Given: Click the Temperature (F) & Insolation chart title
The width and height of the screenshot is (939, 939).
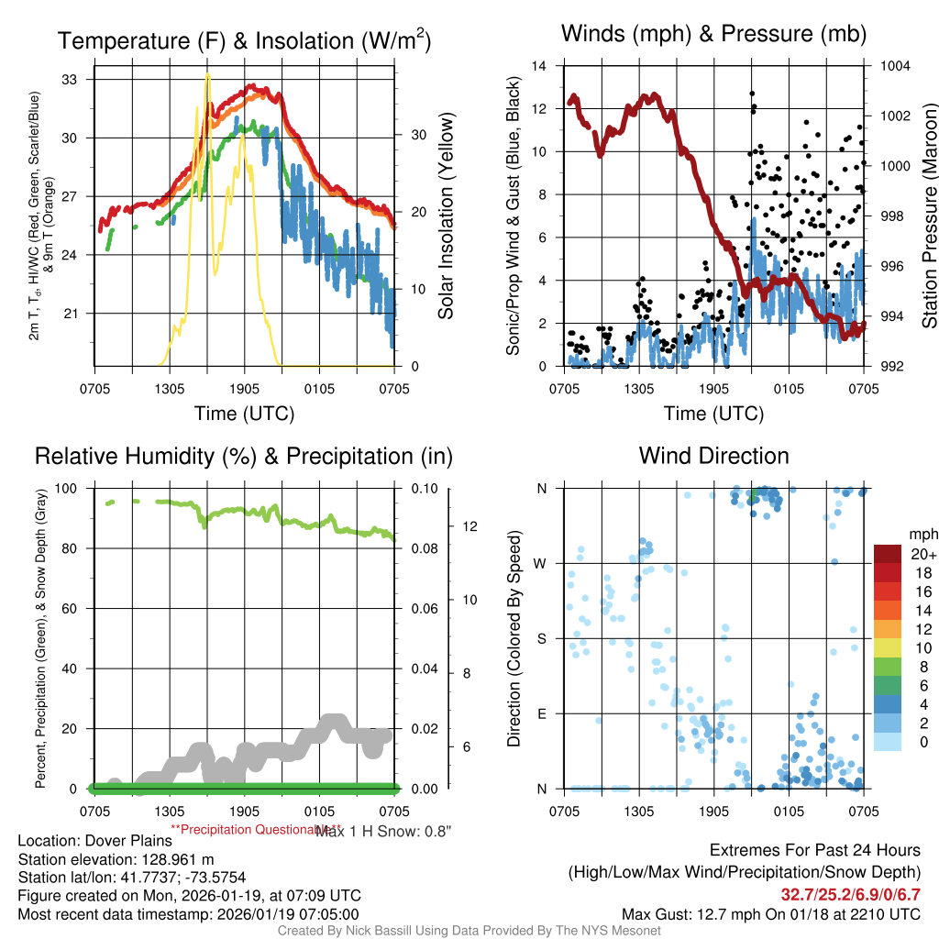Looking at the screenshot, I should pos(244,41).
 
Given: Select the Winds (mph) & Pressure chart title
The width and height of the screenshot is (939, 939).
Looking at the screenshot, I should pos(714,35).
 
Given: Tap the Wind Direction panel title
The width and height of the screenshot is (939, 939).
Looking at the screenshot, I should pos(713,456).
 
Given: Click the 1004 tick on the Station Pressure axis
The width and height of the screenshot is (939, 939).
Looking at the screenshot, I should pos(894,66).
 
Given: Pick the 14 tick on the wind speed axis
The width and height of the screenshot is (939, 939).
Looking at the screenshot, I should pos(539,66).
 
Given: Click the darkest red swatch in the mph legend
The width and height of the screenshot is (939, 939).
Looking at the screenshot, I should pos(887,554).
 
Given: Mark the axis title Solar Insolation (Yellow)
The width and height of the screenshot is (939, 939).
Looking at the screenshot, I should pos(447,216).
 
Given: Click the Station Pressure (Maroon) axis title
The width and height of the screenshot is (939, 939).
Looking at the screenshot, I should pos(929,216).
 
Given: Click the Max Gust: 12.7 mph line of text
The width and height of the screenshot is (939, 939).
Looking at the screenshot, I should pos(770,913).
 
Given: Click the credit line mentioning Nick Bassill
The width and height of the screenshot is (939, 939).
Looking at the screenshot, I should pos(469,931).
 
